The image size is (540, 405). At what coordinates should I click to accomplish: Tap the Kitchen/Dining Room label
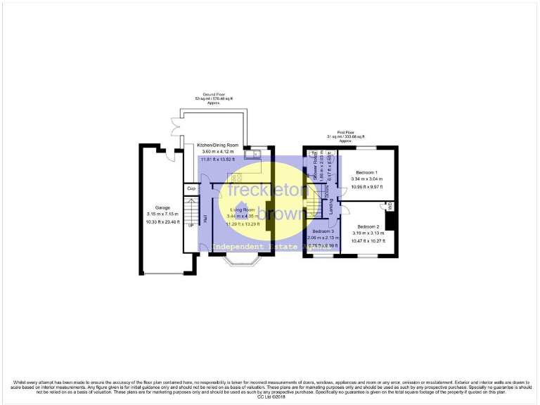pyautogui.click(x=217, y=145)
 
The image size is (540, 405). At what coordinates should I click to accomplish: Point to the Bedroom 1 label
pyautogui.click(x=366, y=172)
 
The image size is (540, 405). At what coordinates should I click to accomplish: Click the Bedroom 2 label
pyautogui.click(x=368, y=226)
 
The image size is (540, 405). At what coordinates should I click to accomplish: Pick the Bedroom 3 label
pyautogui.click(x=323, y=231)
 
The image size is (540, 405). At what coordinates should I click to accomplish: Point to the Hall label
pyautogui.click(x=205, y=219)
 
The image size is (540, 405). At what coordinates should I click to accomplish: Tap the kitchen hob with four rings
pyautogui.click(x=235, y=178)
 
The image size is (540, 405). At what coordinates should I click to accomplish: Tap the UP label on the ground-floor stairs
pyautogui.click(x=189, y=225)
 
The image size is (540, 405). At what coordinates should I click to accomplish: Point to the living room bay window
pyautogui.click(x=242, y=265)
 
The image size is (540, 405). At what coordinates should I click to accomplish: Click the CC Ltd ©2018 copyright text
pyautogui.click(x=269, y=397)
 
